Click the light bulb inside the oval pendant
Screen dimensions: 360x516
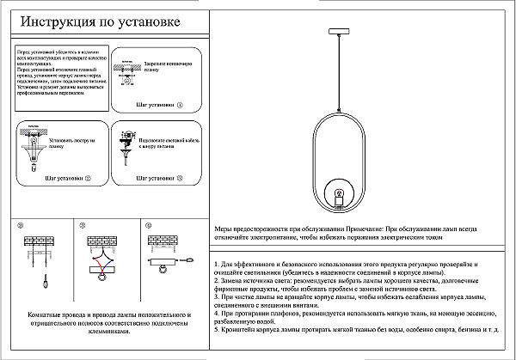tap(338, 197)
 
